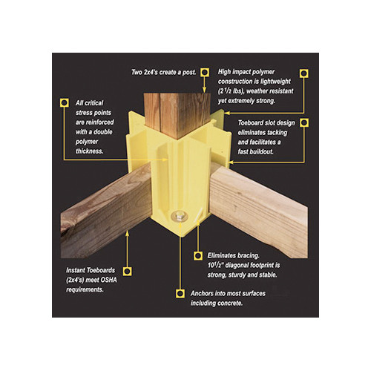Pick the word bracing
(x=262, y=252)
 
